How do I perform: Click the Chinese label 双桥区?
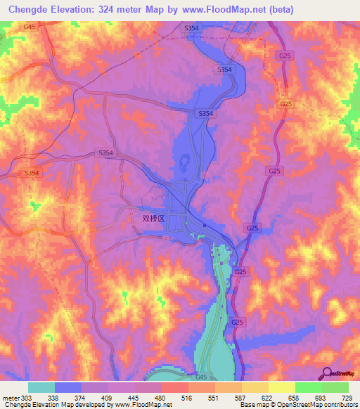point(153,219)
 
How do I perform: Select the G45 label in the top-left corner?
point(30,27)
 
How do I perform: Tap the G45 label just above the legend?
point(202,377)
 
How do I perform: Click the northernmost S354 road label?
point(191,27)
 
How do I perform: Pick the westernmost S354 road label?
point(32,172)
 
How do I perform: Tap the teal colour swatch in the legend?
point(41,387)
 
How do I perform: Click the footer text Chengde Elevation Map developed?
point(49,405)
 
